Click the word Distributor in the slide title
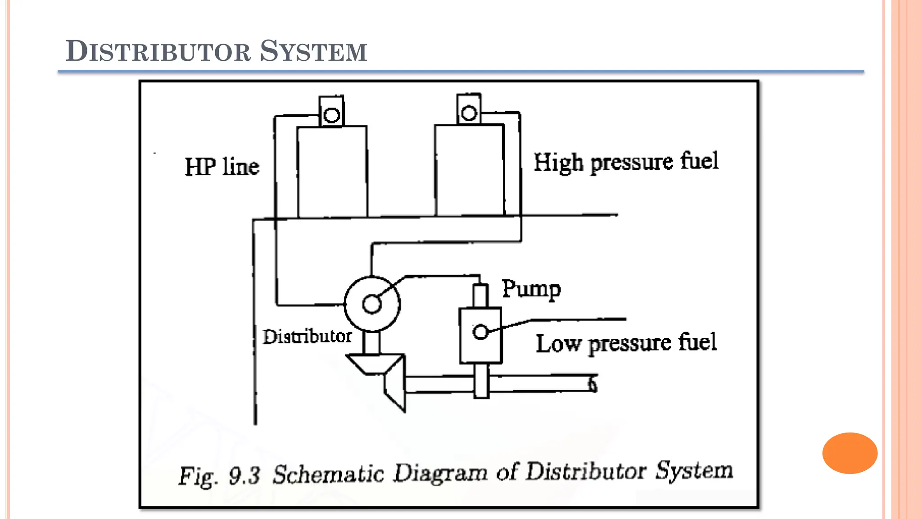point(158,51)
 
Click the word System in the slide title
point(313,51)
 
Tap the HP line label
point(222,167)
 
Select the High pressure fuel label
point(626,162)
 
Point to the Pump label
point(531,289)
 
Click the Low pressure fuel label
point(626,343)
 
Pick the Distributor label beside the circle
point(307,337)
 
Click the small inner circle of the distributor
point(372,304)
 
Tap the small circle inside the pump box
point(481,332)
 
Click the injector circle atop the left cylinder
point(332,115)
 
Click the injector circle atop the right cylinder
point(469,113)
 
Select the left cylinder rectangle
point(332,172)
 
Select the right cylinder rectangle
point(470,170)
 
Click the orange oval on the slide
point(850,453)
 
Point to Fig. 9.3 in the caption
point(219,476)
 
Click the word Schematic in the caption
point(328,474)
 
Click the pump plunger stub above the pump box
point(480,296)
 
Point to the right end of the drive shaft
point(593,384)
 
